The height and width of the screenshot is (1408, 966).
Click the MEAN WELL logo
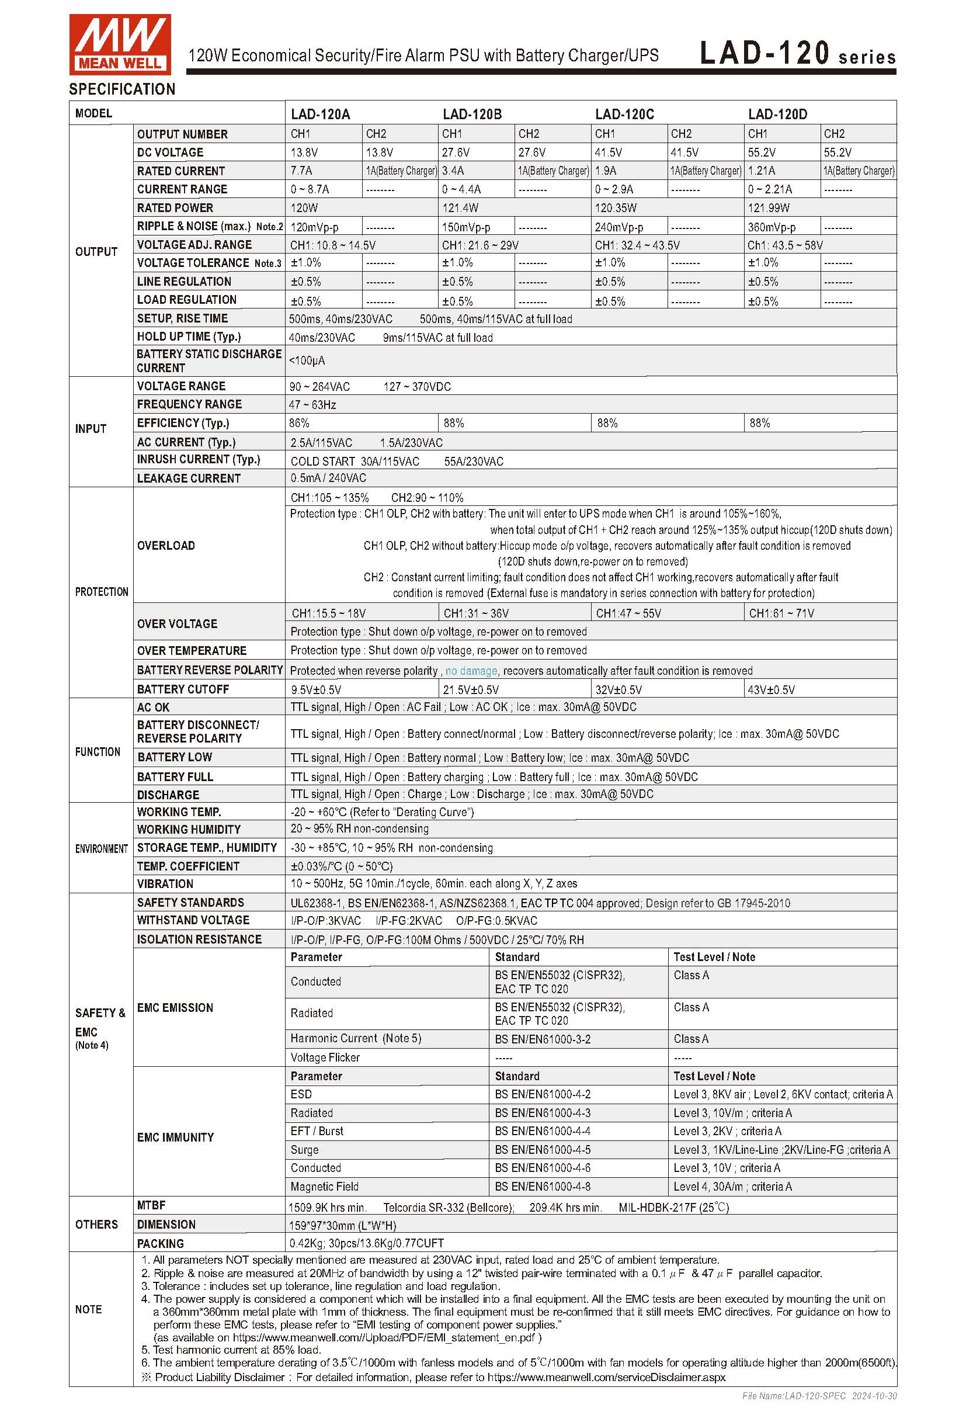[x=119, y=44]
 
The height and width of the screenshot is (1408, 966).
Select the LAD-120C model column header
[x=624, y=114]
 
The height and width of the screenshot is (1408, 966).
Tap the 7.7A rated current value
[x=301, y=171]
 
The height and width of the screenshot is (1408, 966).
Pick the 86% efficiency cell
[x=299, y=423]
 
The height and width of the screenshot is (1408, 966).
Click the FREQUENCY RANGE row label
[x=189, y=404]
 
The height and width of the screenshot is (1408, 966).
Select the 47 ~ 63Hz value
[x=312, y=405]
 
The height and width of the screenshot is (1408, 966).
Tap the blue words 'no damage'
[x=471, y=671]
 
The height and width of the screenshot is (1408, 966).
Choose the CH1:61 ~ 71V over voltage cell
[x=781, y=613]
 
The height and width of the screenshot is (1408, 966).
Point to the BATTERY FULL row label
[x=175, y=776]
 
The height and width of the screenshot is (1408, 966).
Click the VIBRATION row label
[x=165, y=884]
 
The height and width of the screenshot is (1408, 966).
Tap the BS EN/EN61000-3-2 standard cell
[x=543, y=1039]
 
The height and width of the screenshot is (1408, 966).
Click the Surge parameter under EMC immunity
[x=304, y=1150]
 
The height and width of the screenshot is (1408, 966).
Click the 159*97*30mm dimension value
[x=342, y=1226]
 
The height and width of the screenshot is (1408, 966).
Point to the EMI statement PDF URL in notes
[x=387, y=1338]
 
